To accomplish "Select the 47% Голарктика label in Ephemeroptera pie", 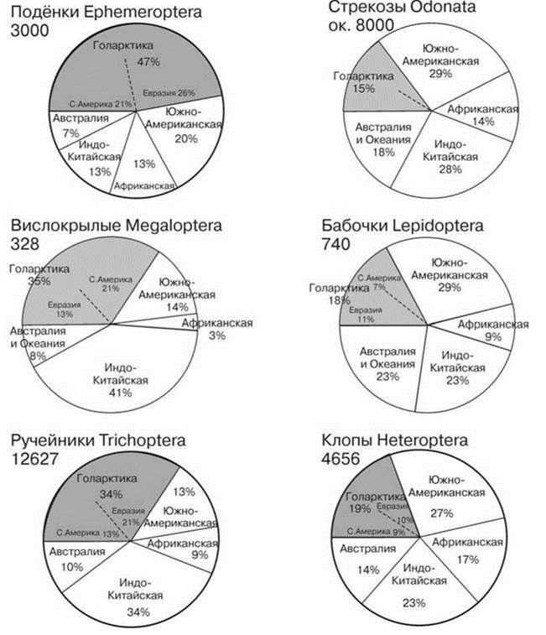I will pyautogui.click(x=148, y=62).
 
